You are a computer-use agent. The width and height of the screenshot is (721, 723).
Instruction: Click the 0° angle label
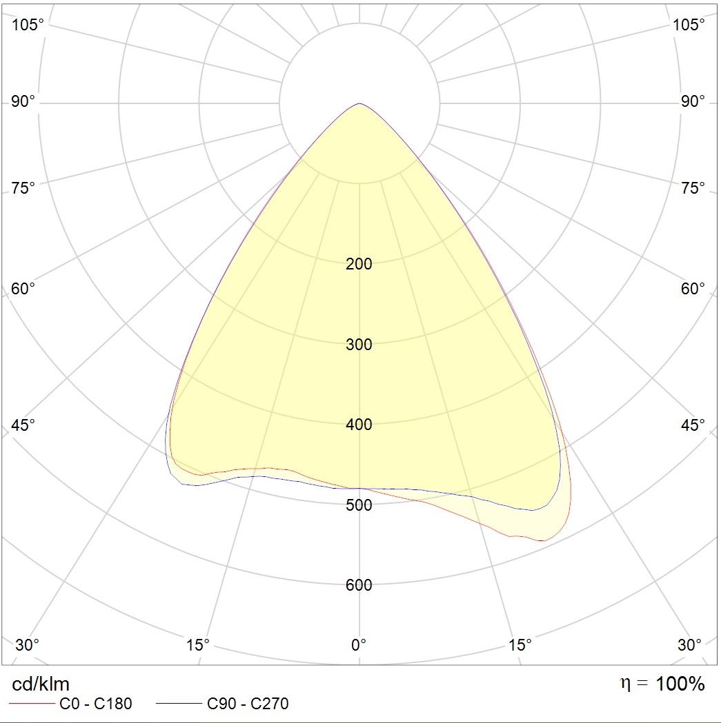[x=359, y=645]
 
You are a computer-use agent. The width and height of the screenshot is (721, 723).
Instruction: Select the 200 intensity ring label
[x=359, y=264]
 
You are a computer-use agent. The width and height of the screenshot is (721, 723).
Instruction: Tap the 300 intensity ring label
[x=359, y=345]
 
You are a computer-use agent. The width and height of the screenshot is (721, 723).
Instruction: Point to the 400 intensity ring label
[x=359, y=425]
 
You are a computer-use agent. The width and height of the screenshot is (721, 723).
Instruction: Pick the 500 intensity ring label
[x=359, y=505]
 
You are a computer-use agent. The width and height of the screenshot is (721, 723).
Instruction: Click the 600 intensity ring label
[x=359, y=585]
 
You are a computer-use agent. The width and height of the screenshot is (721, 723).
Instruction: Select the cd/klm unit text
[x=41, y=684]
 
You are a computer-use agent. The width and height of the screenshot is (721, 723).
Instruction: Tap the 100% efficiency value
[x=680, y=684]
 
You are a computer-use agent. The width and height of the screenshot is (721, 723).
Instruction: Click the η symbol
[x=626, y=684]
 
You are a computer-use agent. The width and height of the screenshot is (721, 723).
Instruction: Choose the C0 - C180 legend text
[x=96, y=704]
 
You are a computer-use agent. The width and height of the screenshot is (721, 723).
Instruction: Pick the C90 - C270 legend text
[x=248, y=704]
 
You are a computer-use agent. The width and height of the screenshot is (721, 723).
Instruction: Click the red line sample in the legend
[x=30, y=704]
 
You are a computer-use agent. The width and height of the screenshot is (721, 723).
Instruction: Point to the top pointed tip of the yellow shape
[x=359, y=104]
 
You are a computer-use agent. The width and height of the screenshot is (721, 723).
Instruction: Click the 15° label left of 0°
[x=198, y=645]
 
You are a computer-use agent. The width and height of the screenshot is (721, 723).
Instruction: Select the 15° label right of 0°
[x=520, y=645]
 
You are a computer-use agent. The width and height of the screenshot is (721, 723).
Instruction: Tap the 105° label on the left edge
[x=28, y=25]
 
